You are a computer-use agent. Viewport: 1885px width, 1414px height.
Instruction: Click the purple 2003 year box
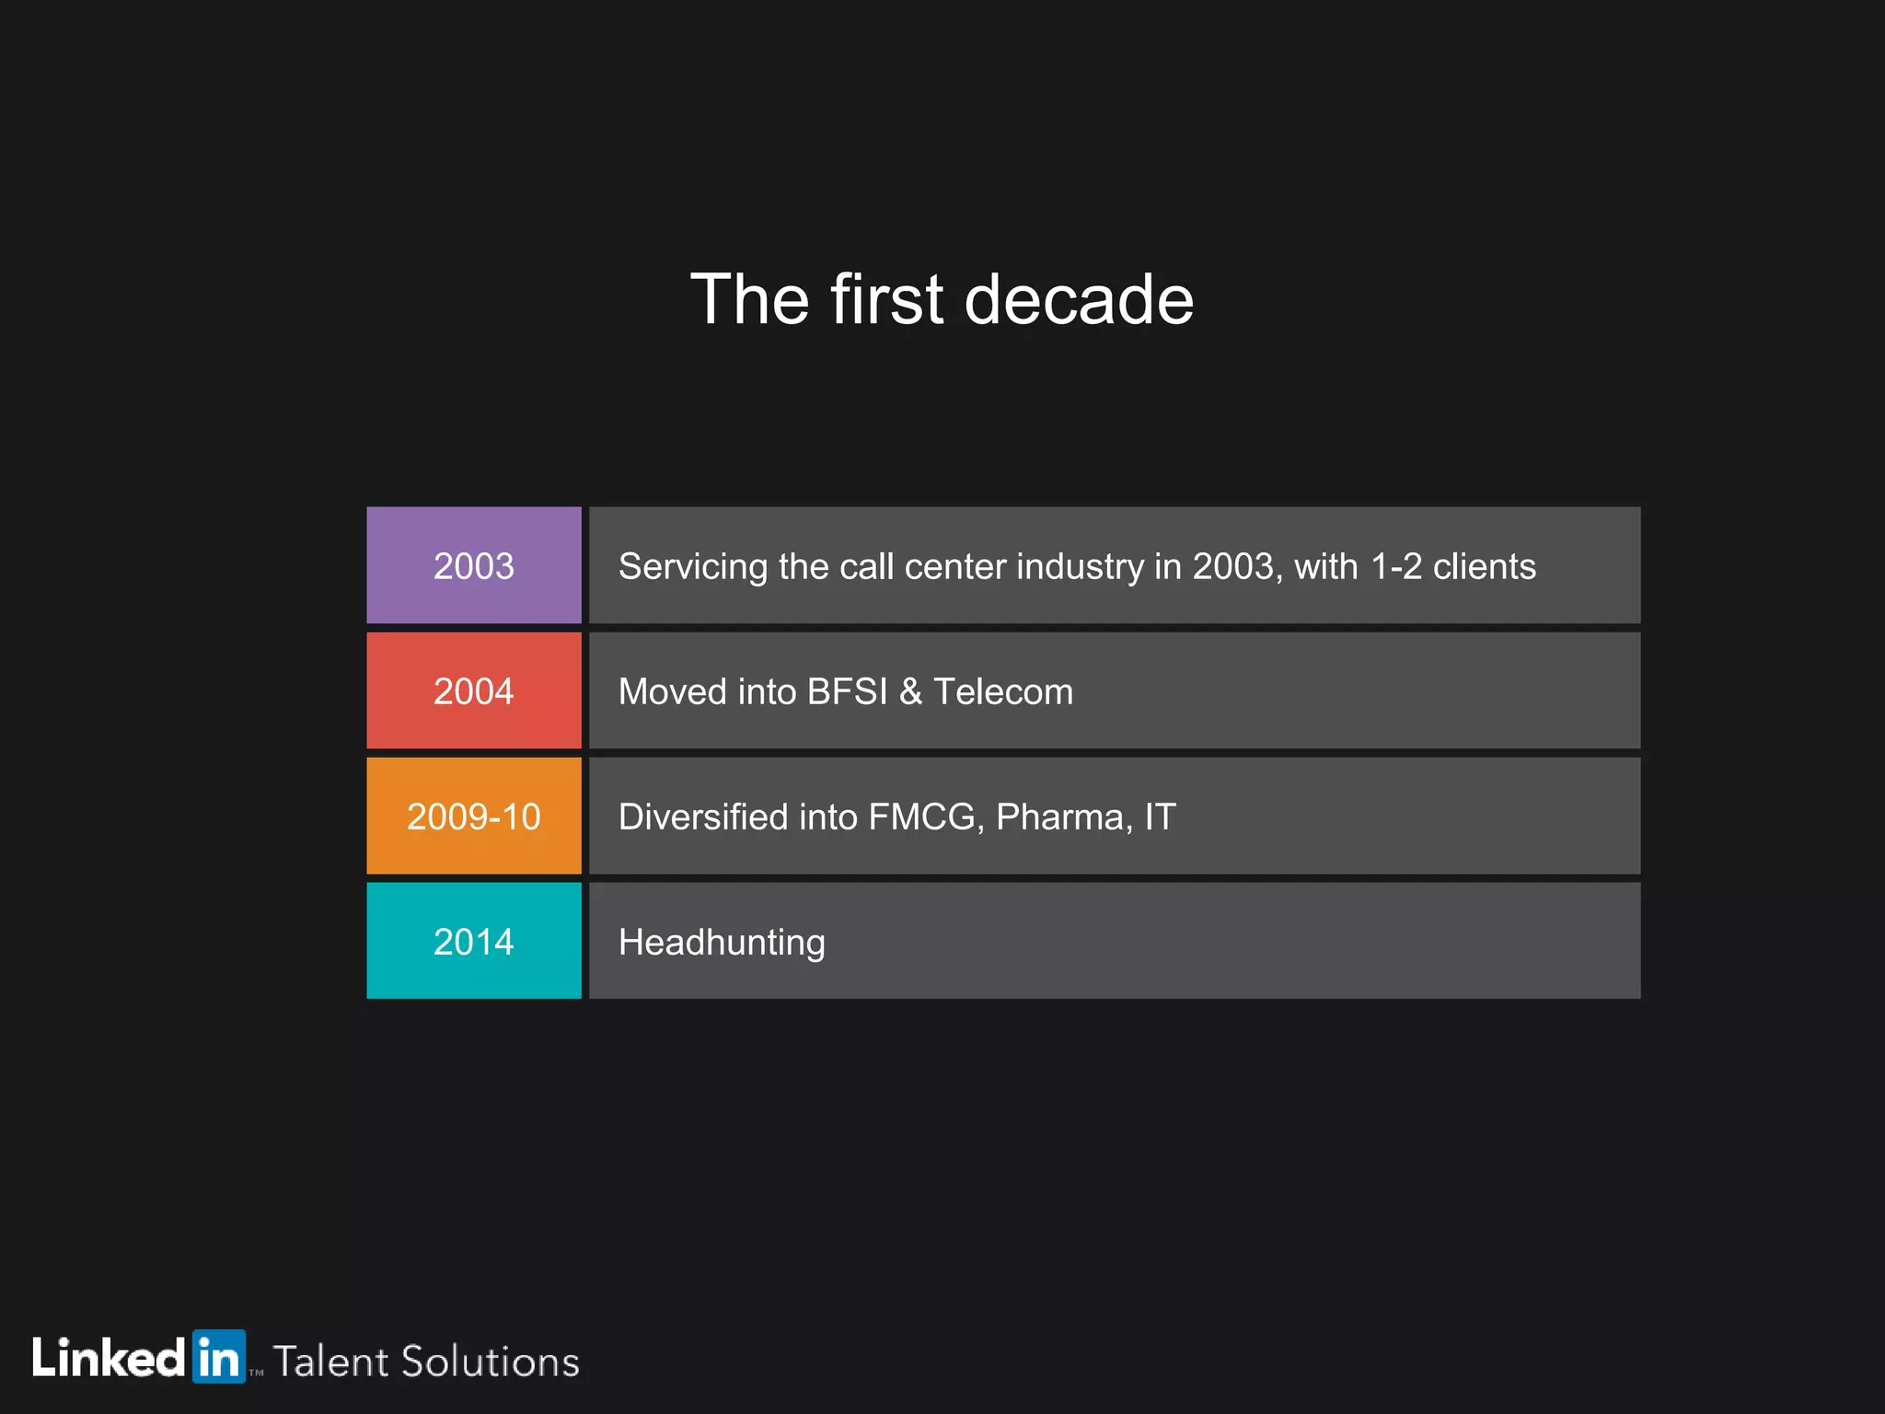(x=473, y=565)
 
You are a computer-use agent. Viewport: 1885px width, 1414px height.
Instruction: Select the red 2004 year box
(x=473, y=690)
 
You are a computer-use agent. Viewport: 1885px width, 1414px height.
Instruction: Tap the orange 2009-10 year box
(x=473, y=816)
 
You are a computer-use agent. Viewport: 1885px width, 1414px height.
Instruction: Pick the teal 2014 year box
(x=473, y=941)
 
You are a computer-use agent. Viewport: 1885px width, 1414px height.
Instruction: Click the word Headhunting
(x=722, y=943)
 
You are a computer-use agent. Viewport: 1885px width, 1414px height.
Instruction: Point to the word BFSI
(x=847, y=691)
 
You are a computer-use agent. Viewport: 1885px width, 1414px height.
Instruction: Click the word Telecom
(x=1003, y=691)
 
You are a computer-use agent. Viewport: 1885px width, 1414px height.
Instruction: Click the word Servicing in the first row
(x=692, y=567)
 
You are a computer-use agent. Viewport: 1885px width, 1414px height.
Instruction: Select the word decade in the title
(x=1079, y=300)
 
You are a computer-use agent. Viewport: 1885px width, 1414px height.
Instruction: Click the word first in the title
(x=886, y=300)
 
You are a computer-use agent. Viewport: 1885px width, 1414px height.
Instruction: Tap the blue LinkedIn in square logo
(x=219, y=1356)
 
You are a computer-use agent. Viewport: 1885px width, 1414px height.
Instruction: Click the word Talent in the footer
(x=330, y=1362)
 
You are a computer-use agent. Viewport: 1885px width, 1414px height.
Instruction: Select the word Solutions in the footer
(x=490, y=1362)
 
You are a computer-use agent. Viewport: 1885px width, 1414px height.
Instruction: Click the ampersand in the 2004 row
(x=910, y=691)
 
